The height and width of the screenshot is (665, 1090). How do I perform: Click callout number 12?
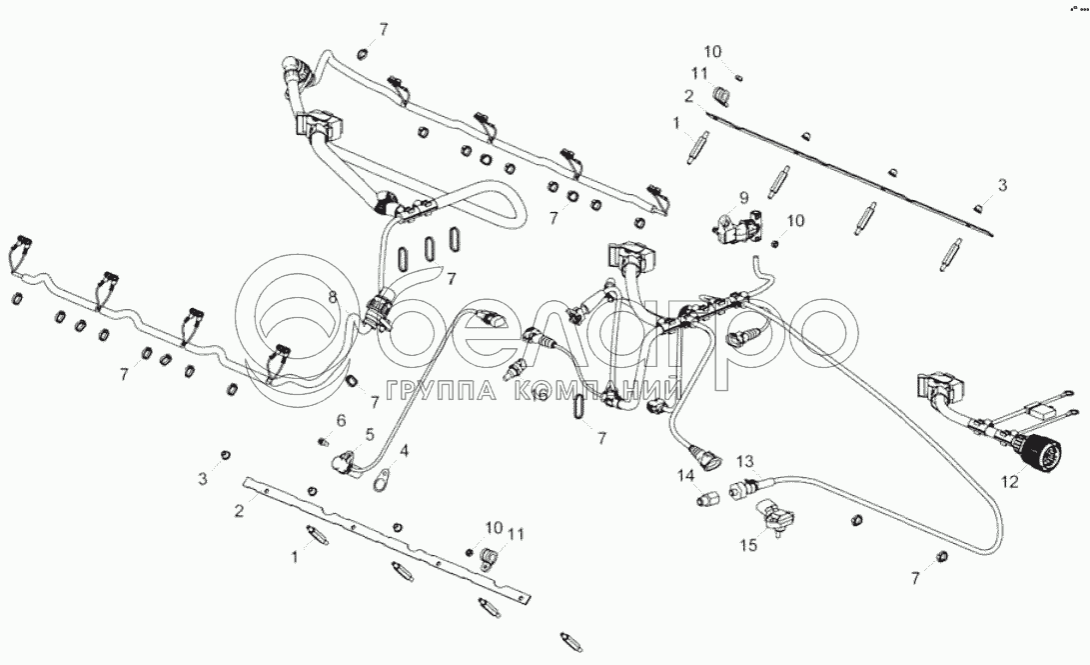(1010, 482)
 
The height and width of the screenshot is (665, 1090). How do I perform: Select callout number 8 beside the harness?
(334, 297)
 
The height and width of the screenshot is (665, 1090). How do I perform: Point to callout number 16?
(540, 396)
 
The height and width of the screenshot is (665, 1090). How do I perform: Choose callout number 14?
(685, 476)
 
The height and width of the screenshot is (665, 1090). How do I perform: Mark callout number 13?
(744, 460)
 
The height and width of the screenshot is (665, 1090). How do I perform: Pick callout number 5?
(369, 434)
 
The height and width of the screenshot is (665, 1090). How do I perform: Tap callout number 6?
(341, 420)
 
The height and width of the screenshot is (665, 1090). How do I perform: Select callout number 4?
(404, 452)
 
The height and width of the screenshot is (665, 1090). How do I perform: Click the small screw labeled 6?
(323, 439)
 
